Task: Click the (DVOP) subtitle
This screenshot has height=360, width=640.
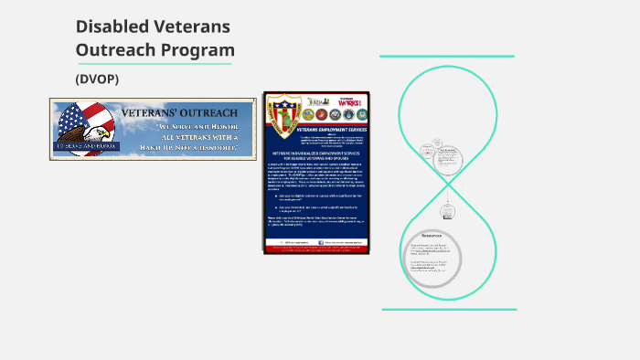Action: pyautogui.click(x=98, y=79)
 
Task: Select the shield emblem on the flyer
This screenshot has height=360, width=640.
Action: pyautogui.click(x=283, y=115)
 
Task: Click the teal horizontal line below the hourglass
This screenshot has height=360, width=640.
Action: pyautogui.click(x=448, y=309)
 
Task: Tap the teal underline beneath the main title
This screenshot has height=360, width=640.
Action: pyautogui.click(x=154, y=64)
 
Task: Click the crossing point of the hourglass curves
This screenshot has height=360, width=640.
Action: pyautogui.click(x=448, y=183)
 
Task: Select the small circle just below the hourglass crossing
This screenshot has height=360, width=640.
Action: pyautogui.click(x=448, y=212)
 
